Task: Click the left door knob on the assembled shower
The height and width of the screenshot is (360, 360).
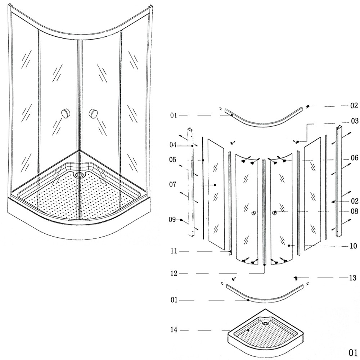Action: (x=66, y=113)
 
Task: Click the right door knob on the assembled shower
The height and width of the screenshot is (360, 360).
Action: (x=93, y=113)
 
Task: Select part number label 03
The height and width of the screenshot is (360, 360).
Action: (x=355, y=121)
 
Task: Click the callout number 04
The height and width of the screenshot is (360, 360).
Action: (x=173, y=145)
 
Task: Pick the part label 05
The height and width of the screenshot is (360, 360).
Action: (x=173, y=160)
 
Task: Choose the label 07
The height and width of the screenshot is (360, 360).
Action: (x=173, y=185)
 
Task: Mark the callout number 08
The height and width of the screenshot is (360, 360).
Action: (x=355, y=211)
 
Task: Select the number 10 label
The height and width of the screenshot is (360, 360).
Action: (x=353, y=246)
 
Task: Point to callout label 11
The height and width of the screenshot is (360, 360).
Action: (x=174, y=251)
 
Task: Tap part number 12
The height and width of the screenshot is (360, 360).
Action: (x=174, y=274)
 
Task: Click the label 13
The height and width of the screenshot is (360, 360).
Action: (x=353, y=278)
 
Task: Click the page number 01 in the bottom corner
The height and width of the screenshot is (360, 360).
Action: (x=352, y=352)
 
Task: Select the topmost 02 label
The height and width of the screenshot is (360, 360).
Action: (x=354, y=106)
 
